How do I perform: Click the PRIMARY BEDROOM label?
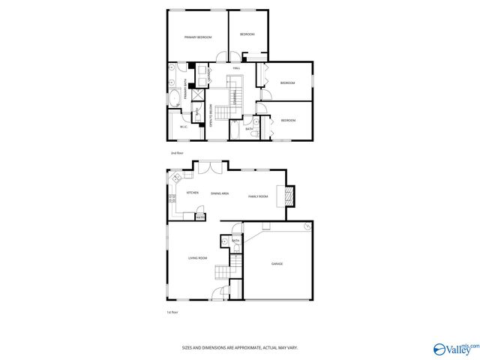pos(198,37)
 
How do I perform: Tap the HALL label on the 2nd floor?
pos(236,68)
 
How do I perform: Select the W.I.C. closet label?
pos(183,126)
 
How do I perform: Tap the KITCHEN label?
pos(182,193)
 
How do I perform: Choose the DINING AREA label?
pos(220,193)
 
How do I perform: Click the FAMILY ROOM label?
pos(258,196)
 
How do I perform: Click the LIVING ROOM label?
pos(197,258)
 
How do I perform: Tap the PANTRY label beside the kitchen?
pos(199,217)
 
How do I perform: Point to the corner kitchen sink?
pos(176,179)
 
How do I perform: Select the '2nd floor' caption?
pos(177,152)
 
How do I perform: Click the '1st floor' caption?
pos(173,312)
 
